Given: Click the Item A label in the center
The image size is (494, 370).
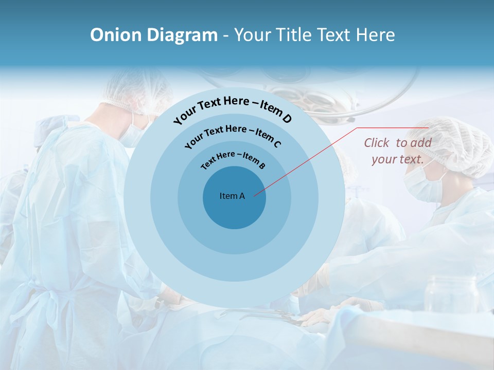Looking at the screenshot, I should click(x=232, y=196).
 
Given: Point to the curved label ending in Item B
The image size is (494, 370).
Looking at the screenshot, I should click(x=233, y=159).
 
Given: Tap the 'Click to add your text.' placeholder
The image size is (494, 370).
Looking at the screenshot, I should click(x=398, y=151).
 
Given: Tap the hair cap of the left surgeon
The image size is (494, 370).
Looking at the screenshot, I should click(x=136, y=92).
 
